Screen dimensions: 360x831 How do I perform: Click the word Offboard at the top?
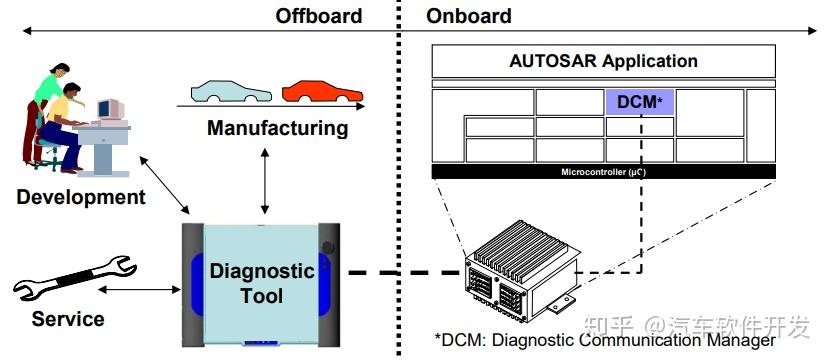[318, 15]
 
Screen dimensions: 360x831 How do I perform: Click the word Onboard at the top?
[468, 15]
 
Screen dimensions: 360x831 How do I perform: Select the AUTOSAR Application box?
[603, 61]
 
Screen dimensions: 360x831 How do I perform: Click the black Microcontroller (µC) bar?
[603, 172]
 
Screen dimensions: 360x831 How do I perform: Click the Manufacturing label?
[277, 128]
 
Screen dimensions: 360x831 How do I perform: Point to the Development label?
[81, 196]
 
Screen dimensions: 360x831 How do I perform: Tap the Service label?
[68, 319]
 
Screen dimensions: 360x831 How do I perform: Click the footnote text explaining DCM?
[604, 341]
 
